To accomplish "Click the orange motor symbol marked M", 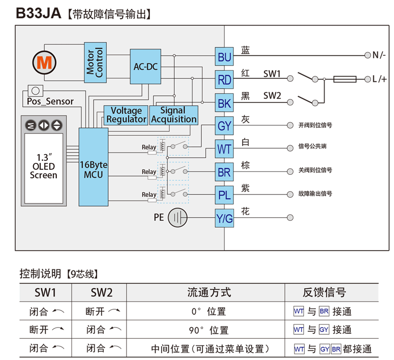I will pos(45,63).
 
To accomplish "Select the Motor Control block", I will pos(95,62).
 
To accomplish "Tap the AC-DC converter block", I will pos(145,66).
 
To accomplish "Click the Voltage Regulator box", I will pos(126,115).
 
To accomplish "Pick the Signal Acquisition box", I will pos(173,115).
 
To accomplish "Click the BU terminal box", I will pos(224,58).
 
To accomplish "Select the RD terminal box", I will pos(224,80).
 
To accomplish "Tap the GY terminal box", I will pos(224,126).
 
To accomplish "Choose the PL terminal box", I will pos(224,196).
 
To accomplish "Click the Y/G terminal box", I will pos(224,219).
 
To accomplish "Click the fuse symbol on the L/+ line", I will pos(345,79).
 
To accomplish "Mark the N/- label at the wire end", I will pos(379,55).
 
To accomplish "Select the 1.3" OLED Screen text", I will pos(43,166).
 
